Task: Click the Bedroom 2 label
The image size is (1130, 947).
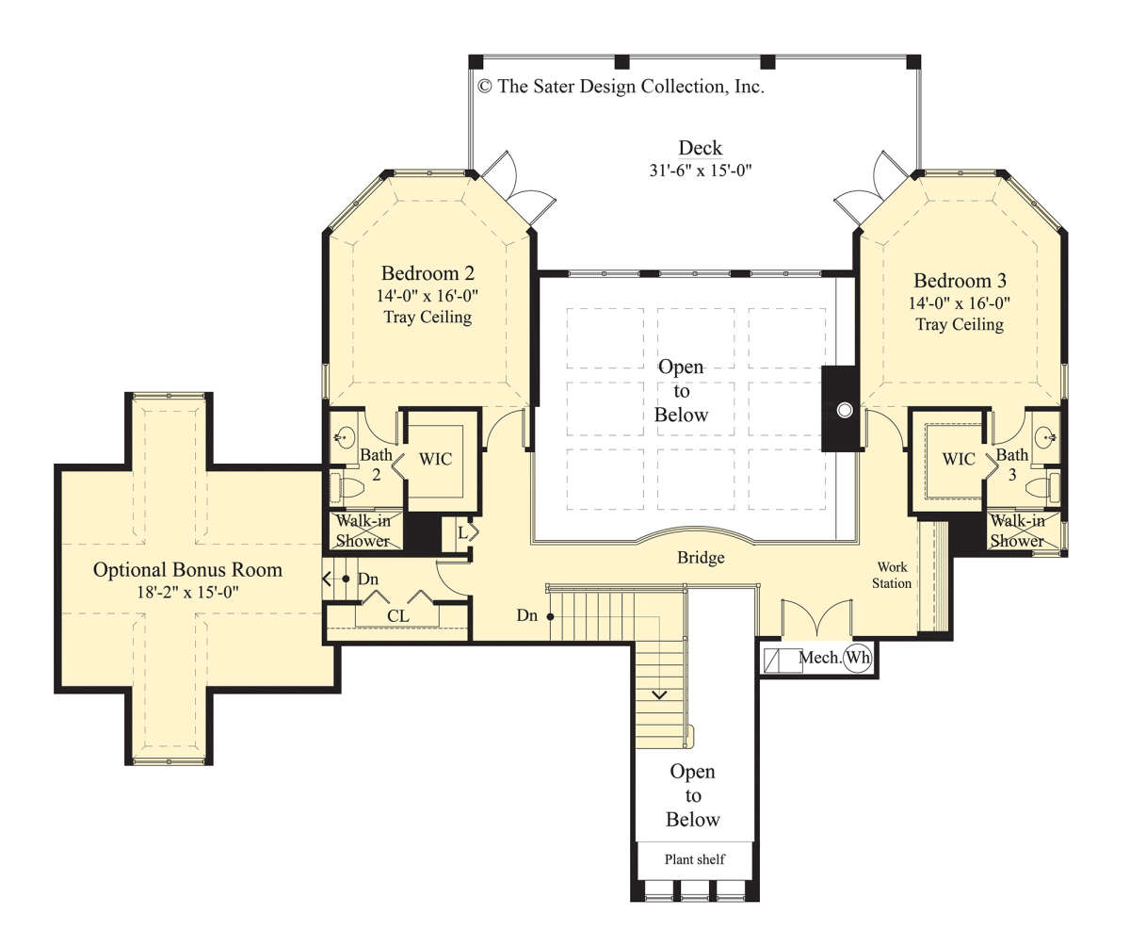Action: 428,273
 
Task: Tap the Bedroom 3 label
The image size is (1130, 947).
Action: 960,281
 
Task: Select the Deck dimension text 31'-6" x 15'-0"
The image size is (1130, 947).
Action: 701,171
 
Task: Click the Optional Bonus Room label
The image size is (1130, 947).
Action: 187,569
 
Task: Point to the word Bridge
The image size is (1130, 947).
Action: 701,558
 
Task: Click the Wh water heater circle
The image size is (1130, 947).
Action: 858,658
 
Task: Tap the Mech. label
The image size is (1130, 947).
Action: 820,658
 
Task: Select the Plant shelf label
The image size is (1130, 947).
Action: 694,859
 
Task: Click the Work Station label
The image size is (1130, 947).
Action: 892,575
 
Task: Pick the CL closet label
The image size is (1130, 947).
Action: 397,615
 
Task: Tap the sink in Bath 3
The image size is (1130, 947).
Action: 1045,436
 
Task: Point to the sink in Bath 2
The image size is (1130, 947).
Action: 345,436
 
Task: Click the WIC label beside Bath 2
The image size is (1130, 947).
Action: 435,459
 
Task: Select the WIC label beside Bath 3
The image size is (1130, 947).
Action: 958,459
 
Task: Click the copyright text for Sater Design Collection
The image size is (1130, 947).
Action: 621,86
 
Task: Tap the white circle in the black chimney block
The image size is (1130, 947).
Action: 845,411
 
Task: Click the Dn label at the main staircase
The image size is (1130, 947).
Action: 526,615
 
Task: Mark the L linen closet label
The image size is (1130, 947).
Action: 462,533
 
